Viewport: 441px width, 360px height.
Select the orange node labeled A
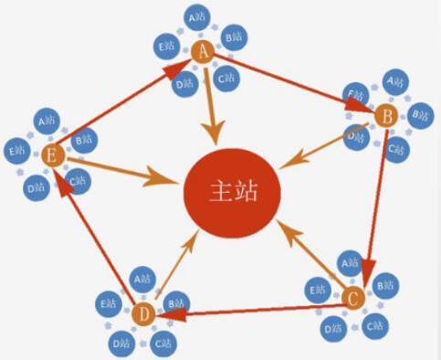coord(203,54)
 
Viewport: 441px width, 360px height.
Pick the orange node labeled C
coord(352,297)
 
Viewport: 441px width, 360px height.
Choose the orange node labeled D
coord(142,314)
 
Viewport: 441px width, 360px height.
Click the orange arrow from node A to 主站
coord(213,101)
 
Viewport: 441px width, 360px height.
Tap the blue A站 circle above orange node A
coord(198,17)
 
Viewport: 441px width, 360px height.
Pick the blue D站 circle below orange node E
coord(37,189)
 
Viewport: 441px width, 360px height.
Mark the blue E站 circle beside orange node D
coord(110,302)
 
